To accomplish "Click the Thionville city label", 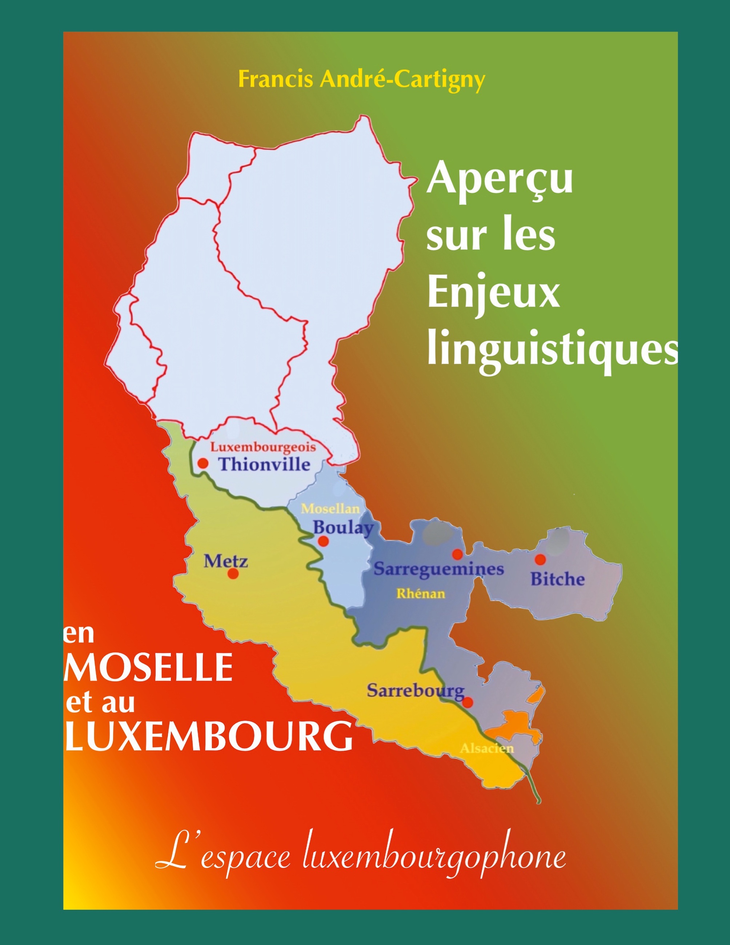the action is tap(264, 464).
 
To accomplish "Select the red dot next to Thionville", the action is tap(203, 463).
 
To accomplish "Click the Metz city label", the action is tap(226, 561).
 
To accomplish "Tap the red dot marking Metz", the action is tap(233, 574).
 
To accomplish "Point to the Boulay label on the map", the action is tap(343, 528).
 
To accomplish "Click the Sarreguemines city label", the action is tap(438, 569).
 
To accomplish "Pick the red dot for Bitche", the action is tap(540, 559).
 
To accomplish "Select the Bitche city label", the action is tap(557, 579).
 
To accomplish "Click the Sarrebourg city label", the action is tap(416, 691).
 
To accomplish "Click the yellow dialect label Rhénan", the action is tap(421, 594).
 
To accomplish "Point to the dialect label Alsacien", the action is tap(486, 748).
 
